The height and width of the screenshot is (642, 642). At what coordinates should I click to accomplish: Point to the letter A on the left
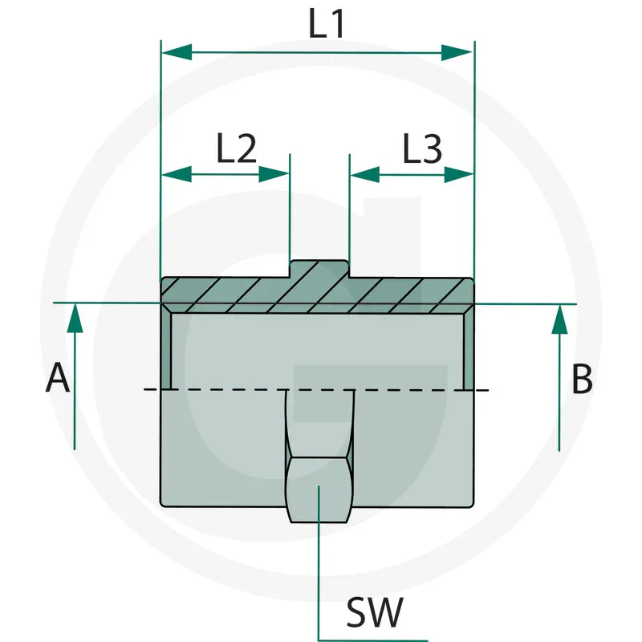57,378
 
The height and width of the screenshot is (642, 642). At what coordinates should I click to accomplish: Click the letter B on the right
582,380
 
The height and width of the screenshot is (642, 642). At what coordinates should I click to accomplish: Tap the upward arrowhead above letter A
74,318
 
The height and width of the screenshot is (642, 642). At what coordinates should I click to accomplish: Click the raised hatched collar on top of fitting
319,269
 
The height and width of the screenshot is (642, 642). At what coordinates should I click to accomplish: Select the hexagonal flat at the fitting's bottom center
319,490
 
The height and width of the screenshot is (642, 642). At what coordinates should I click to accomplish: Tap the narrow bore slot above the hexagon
319,421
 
